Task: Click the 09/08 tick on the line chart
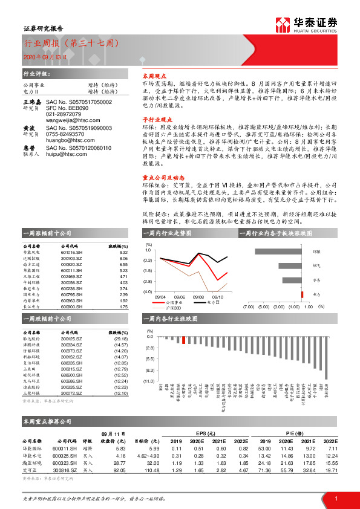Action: (x=198, y=297)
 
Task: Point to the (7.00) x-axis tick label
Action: (x=249, y=306)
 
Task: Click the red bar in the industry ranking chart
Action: (x=183, y=340)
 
